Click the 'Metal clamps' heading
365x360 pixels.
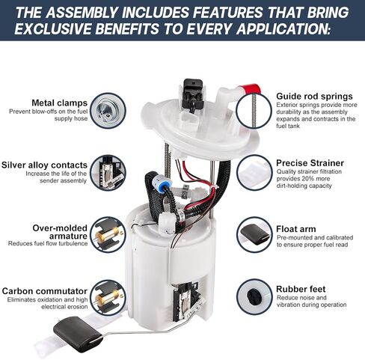click(59, 103)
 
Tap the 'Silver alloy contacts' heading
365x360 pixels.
click(44, 165)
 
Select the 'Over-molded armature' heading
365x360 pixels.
click(60, 232)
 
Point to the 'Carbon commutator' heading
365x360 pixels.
click(45, 291)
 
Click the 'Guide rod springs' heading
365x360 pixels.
click(314, 97)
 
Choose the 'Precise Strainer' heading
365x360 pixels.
click(310, 163)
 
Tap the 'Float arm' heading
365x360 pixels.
click(296, 229)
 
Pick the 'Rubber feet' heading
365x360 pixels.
click(301, 289)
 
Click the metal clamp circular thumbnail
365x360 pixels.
click(108, 111)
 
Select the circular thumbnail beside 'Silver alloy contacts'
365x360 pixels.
click(108, 173)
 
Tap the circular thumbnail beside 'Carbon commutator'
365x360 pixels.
click(108, 298)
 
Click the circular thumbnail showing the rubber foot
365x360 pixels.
click(254, 297)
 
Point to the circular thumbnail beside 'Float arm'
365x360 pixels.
click(254, 234)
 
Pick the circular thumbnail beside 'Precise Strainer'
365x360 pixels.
click(254, 173)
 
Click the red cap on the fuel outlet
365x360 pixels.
click(250, 90)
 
